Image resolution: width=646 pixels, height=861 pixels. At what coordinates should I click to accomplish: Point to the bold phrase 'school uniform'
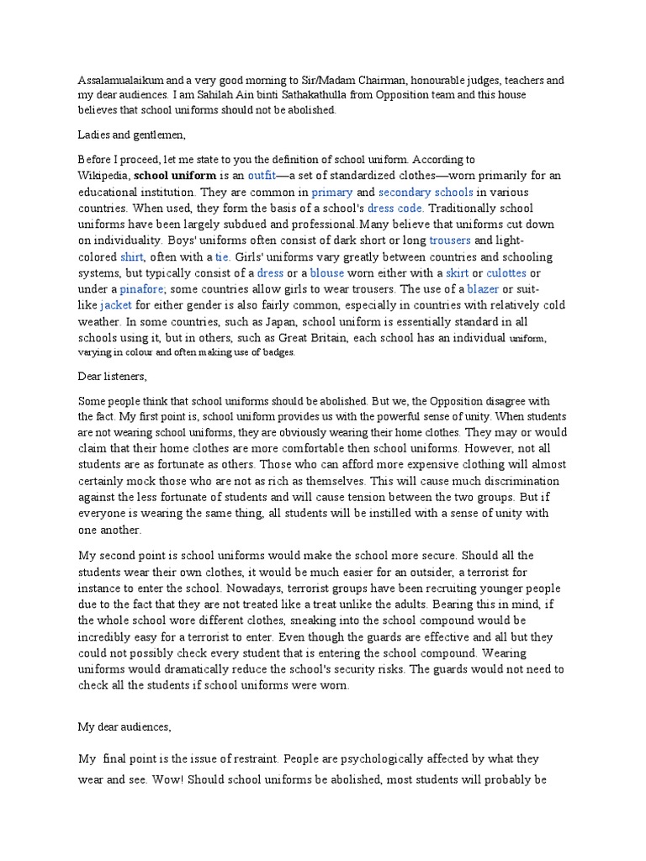(x=175, y=176)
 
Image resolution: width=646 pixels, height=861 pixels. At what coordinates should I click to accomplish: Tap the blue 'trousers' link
(x=454, y=240)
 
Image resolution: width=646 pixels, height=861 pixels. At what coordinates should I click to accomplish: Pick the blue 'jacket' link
(x=116, y=305)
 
